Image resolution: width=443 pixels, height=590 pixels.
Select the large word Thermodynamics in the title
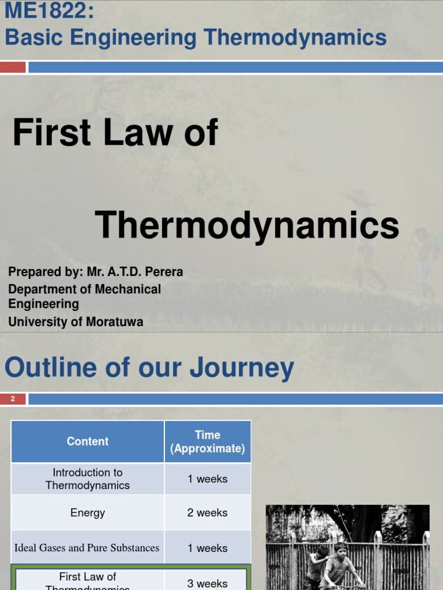click(247, 225)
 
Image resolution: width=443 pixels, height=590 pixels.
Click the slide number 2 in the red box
click(13, 399)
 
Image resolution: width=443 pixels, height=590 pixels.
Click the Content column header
click(88, 441)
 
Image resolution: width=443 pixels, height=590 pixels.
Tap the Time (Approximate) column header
click(208, 441)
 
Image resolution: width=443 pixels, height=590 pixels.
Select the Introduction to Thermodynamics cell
click(88, 479)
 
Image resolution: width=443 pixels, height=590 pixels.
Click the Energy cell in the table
click(88, 513)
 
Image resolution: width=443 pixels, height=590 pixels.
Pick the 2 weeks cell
click(208, 513)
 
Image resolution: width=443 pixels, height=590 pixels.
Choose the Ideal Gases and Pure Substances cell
click(87, 548)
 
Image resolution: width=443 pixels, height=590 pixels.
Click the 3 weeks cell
click(208, 583)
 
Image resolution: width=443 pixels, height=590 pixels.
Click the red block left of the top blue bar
click(13, 67)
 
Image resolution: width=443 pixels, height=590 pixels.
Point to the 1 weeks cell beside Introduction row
click(208, 479)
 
